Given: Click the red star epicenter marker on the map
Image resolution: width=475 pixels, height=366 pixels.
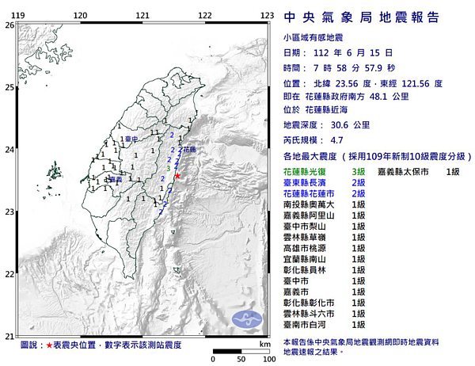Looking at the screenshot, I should click(177, 175).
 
